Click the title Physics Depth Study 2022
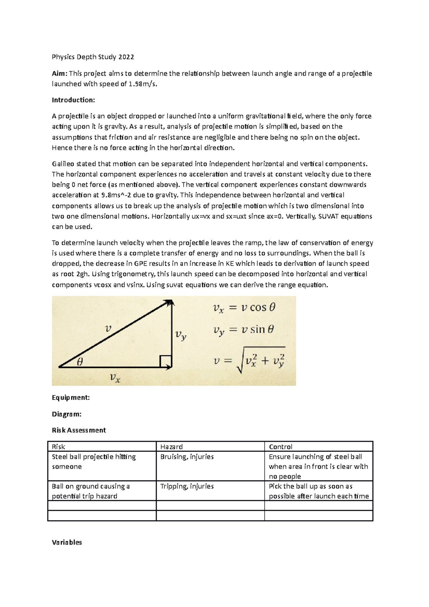[93, 57]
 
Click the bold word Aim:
[59, 74]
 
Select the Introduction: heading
[73, 100]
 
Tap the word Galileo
[63, 164]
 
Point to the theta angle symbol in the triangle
[80, 362]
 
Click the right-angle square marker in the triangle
[166, 361]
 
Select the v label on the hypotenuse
[108, 328]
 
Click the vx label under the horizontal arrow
[115, 377]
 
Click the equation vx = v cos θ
[244, 308]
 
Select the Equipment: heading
[71, 398]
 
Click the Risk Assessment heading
[79, 430]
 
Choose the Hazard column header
[171, 446]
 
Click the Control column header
[280, 446]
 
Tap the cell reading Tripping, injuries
[187, 486]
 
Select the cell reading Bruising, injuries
[187, 457]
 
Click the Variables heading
[67, 542]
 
